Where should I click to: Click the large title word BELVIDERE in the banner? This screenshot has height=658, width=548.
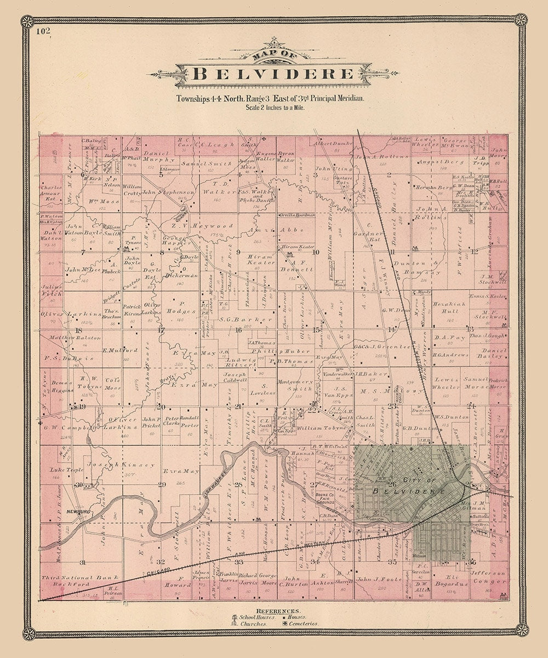[x=273, y=73]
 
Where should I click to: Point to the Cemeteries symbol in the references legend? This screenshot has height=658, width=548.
[x=285, y=623]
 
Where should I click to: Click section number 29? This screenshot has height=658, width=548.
[x=162, y=484]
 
